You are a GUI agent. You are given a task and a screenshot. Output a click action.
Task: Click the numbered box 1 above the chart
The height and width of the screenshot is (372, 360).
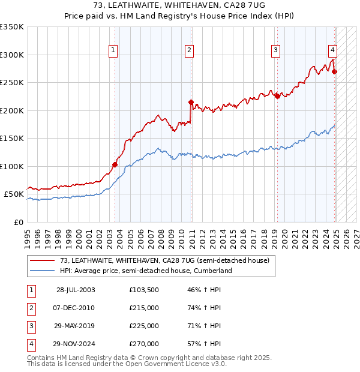click(x=113, y=50)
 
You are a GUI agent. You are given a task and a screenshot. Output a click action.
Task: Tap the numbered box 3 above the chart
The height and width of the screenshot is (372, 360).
click(x=275, y=50)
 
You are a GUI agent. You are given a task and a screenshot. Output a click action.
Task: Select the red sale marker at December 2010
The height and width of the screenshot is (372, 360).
click(x=191, y=103)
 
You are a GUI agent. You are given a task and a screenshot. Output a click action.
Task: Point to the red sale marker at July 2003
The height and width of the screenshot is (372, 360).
click(x=115, y=164)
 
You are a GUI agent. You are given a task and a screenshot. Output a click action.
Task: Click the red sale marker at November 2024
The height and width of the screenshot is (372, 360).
click(x=335, y=72)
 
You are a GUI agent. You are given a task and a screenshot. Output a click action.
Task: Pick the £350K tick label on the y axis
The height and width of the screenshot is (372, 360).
click(x=12, y=27)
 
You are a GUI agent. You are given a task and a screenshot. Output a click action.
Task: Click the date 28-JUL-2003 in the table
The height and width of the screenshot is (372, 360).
click(x=76, y=290)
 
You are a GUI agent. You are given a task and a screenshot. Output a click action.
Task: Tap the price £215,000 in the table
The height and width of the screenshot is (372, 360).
click(x=144, y=308)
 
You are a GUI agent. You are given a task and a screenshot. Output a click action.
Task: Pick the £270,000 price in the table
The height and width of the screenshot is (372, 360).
click(x=144, y=344)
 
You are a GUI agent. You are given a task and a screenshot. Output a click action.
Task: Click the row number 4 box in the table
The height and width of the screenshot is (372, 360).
click(x=30, y=344)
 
